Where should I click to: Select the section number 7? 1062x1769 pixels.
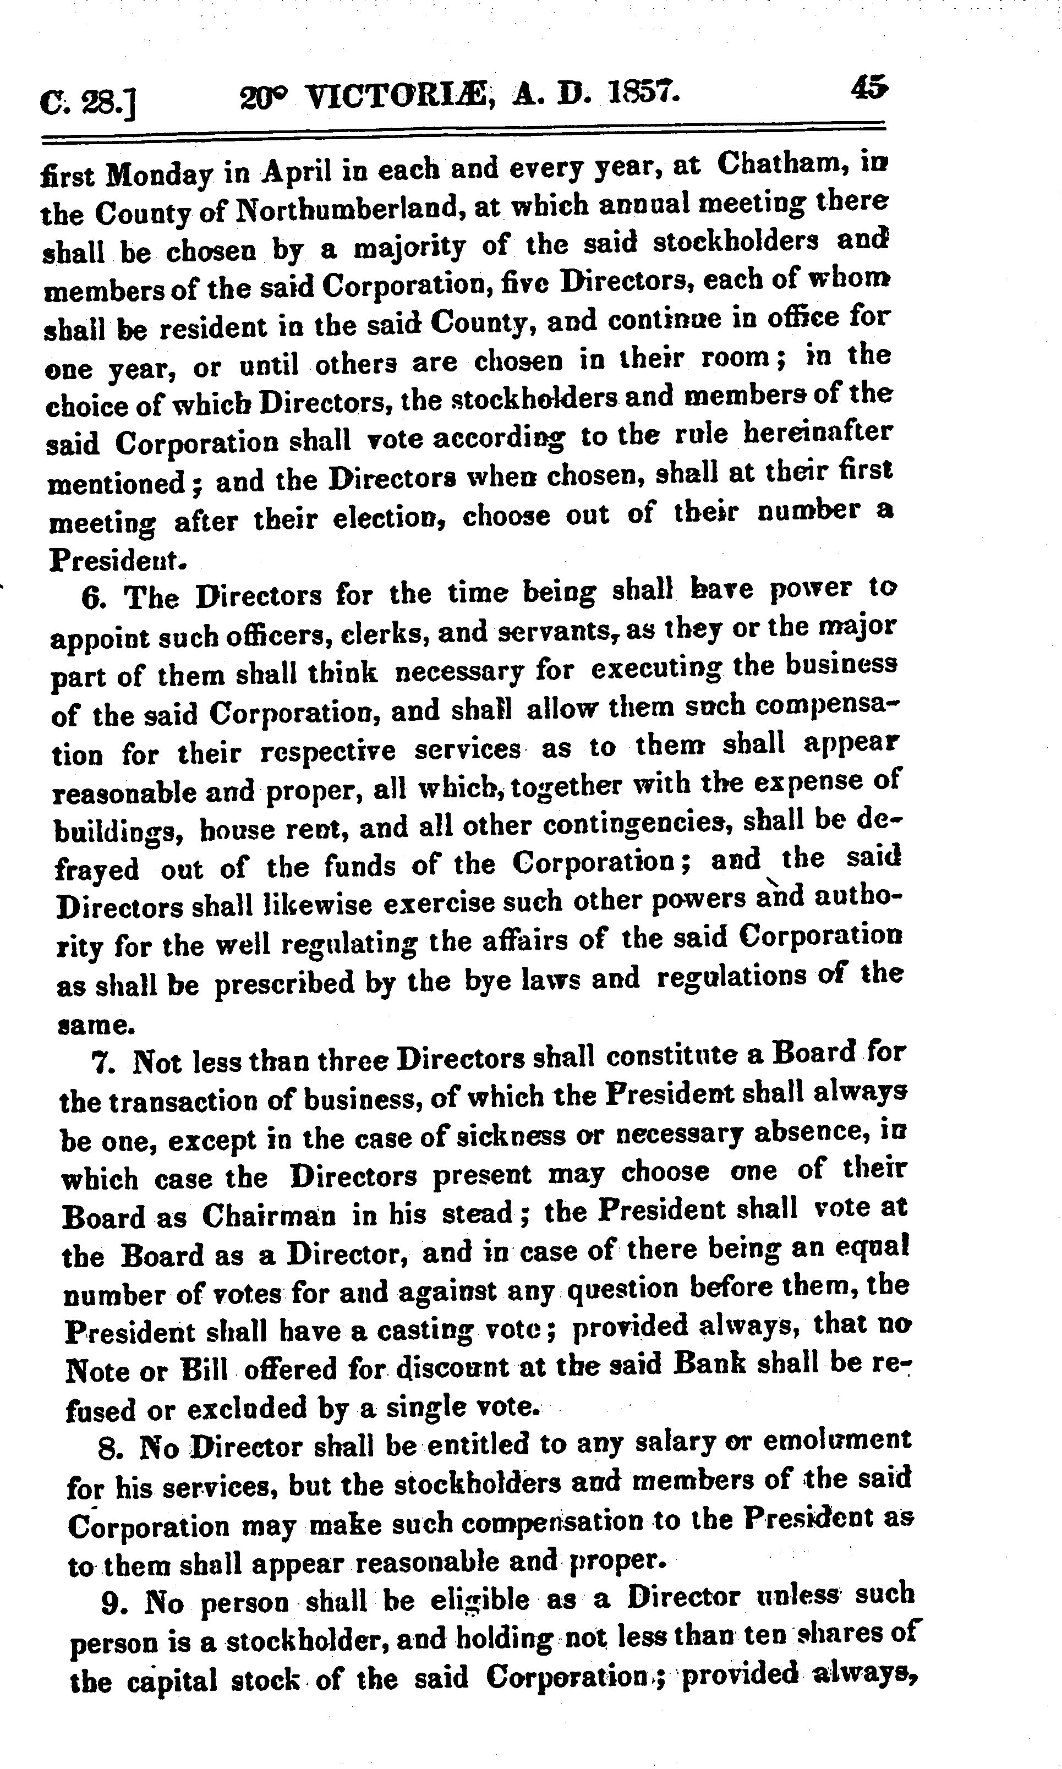(x=105, y=1062)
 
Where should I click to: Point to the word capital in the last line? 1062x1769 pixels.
(x=172, y=1679)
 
